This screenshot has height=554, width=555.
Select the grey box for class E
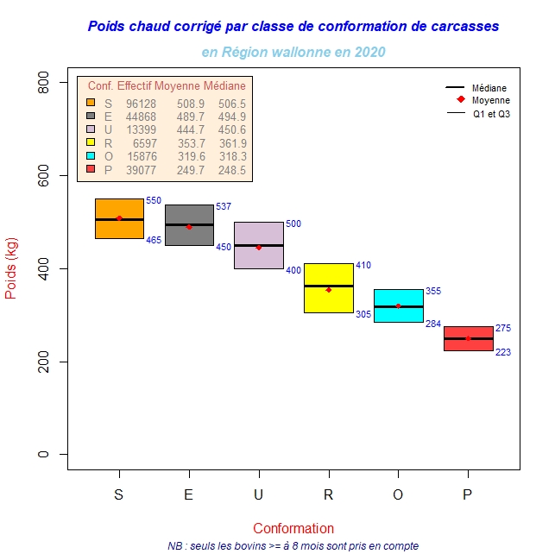coord(189,235)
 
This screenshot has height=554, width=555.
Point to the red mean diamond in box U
coord(259,248)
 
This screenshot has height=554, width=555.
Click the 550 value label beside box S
coord(153,200)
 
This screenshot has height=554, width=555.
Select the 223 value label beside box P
coord(503,352)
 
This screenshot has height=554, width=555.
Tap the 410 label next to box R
coord(363,265)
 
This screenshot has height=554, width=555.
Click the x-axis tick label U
coord(259,495)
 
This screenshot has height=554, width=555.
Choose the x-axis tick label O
coord(398,495)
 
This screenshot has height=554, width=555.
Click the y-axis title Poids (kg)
coord(11,268)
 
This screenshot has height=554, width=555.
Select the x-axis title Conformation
coord(293,528)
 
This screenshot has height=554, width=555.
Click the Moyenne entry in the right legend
coord(490,101)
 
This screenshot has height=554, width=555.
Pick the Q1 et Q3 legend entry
coord(492,114)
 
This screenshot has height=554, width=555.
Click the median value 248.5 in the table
coord(232,170)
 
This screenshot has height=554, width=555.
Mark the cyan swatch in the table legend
coord(91,156)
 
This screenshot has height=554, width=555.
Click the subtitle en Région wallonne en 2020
coord(293,52)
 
